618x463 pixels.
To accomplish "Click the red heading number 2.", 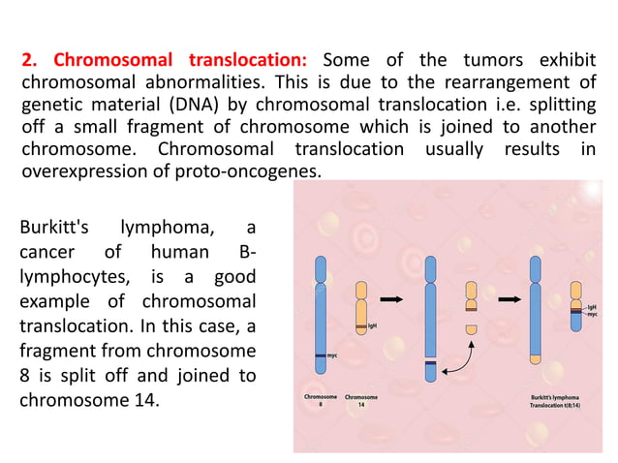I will point(26,57).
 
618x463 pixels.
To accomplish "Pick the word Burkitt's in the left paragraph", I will point(54,229).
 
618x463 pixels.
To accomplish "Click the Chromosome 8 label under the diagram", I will point(322,400).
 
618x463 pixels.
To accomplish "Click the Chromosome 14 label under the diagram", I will point(361,400).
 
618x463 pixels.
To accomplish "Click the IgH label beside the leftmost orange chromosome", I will point(372,325).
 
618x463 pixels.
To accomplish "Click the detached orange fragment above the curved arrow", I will point(472,330).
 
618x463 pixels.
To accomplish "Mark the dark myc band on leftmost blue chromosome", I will point(322,357).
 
